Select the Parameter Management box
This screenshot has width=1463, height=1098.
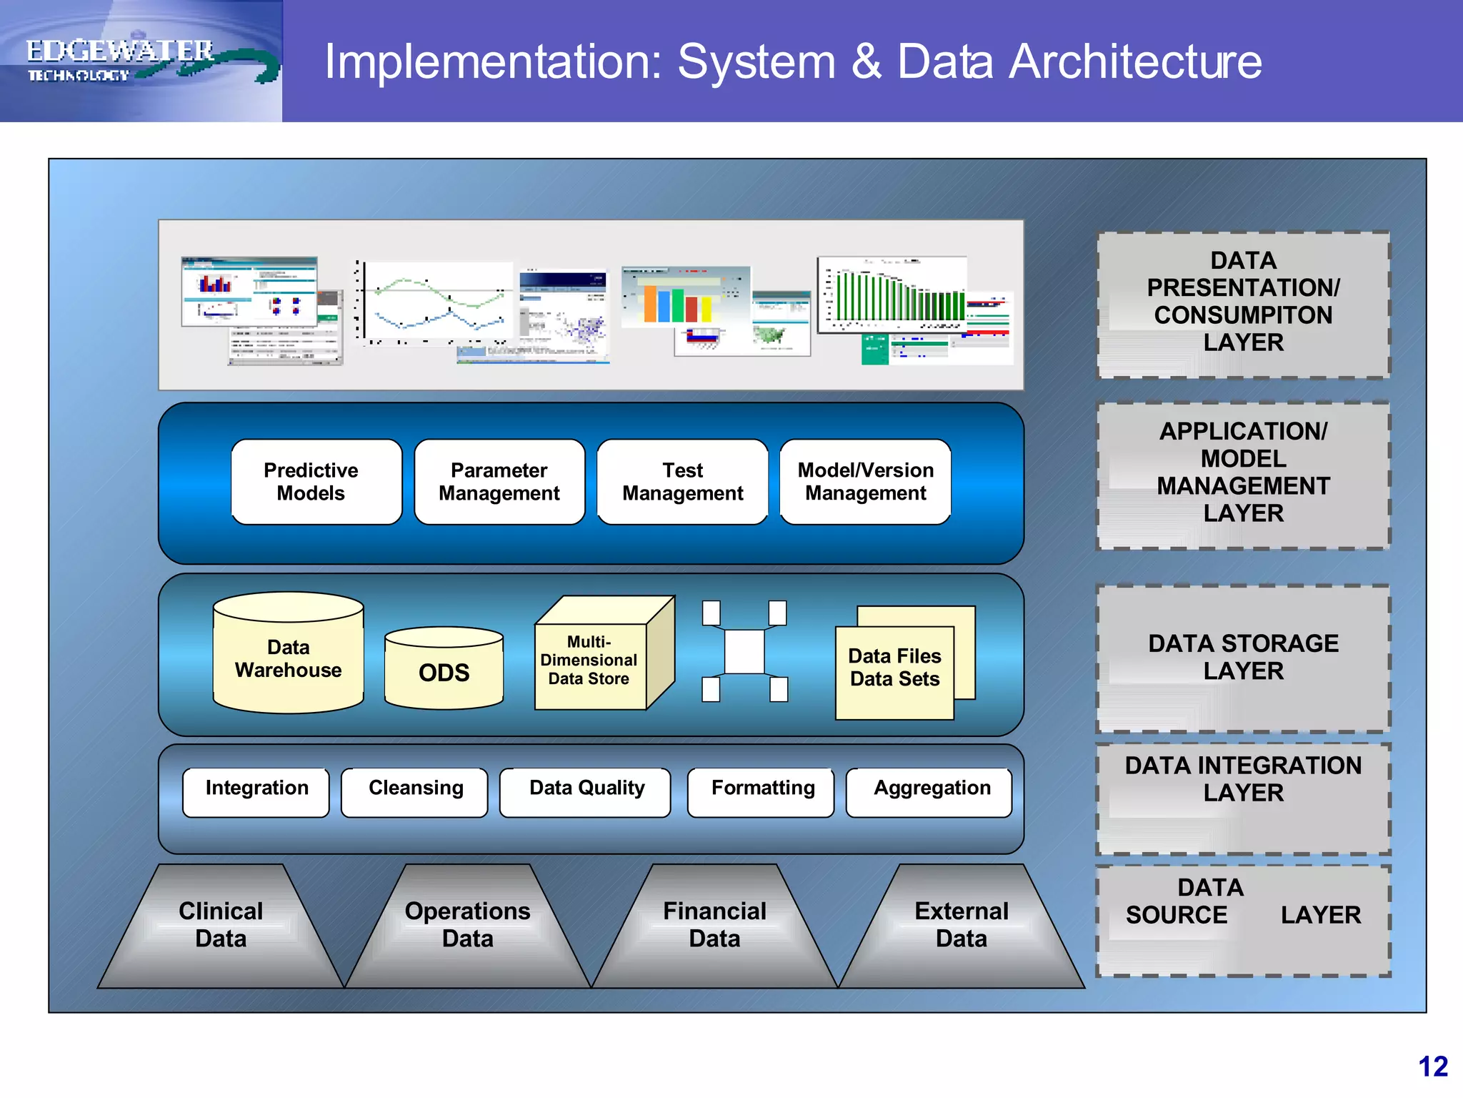click(499, 482)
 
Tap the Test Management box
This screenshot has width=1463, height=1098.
click(682, 482)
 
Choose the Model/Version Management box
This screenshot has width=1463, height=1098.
click(865, 482)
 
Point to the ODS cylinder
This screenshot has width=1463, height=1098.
click(444, 672)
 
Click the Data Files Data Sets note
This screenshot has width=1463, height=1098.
click(894, 668)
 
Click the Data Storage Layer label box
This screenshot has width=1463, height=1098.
click(1243, 658)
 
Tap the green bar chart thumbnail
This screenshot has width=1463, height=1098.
click(893, 297)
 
